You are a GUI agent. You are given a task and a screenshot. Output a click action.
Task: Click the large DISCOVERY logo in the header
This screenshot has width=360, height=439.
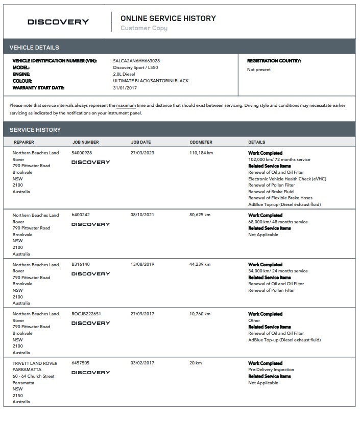(x=58, y=22)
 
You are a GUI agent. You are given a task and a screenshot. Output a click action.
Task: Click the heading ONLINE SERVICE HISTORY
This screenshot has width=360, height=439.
(x=168, y=18)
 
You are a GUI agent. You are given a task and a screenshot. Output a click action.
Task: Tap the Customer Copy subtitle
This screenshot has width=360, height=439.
(x=143, y=28)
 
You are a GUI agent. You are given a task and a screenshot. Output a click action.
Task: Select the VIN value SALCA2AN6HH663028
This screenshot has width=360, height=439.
(x=136, y=61)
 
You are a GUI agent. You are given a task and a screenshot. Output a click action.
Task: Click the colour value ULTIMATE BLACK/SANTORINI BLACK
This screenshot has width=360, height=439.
(x=151, y=81)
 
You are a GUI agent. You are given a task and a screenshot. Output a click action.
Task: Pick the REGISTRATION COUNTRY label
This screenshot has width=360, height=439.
(x=274, y=61)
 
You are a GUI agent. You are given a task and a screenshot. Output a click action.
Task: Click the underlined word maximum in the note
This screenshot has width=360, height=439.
(x=126, y=105)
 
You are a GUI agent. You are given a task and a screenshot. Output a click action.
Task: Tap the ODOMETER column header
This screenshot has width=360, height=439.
(x=201, y=142)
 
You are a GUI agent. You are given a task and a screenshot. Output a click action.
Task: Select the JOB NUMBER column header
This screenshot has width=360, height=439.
(x=85, y=142)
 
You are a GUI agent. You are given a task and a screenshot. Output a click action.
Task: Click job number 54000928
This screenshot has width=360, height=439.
(x=82, y=153)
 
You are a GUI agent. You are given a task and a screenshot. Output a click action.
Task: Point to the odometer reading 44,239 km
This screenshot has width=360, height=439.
(x=200, y=265)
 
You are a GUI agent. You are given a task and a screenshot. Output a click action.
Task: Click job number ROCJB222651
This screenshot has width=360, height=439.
(x=86, y=314)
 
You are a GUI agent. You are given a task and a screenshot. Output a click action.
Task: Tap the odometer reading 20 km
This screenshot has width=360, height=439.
(x=195, y=363)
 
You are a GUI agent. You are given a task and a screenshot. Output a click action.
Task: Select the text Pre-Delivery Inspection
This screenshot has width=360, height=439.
(x=271, y=369)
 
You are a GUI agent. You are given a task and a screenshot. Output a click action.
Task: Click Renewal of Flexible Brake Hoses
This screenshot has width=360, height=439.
(x=280, y=198)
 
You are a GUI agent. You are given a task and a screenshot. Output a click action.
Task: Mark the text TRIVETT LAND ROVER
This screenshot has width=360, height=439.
(x=35, y=363)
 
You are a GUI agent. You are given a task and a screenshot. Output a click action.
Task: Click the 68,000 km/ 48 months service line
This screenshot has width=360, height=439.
(x=278, y=222)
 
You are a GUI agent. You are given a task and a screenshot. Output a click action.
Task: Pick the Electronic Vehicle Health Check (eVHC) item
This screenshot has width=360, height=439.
(x=287, y=179)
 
